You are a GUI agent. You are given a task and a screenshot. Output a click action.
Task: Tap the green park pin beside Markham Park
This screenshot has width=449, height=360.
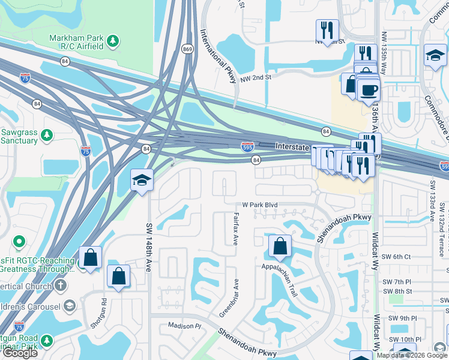pos(113,41)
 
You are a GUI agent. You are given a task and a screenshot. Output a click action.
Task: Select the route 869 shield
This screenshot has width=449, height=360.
pos(188,49)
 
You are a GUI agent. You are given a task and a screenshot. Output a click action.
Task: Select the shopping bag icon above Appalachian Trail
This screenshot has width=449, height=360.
pos(280,245)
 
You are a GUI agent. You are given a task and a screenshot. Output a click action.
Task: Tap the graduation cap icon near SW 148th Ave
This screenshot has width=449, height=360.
pos(141,180)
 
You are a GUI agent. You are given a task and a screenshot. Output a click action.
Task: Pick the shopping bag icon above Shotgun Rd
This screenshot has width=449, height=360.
pos(118,276)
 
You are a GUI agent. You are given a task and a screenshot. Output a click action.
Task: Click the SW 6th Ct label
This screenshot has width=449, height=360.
pos(399,256)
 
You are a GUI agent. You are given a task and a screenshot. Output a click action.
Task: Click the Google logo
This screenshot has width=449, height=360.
pos(20,353)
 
